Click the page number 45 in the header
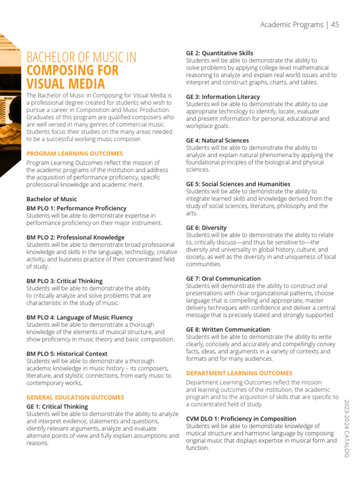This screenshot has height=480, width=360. [335, 25]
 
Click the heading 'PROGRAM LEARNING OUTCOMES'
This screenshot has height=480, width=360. [75, 153]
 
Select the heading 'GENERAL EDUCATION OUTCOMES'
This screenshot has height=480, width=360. [75, 397]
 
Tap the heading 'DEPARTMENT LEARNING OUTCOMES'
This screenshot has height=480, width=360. [239, 373]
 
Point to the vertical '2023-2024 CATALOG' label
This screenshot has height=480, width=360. [347, 428]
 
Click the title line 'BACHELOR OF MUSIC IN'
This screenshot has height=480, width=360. [82, 58]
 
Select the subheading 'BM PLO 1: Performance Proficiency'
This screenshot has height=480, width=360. [76, 208]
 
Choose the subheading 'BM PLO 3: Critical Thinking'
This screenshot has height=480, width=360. [64, 281]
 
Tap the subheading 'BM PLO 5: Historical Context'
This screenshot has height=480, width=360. [67, 353]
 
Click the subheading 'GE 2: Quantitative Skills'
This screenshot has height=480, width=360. [219, 53]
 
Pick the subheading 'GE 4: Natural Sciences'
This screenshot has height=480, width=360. [217, 140]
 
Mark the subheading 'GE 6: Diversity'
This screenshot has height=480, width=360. [206, 227]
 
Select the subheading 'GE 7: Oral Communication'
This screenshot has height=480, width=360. [223, 278]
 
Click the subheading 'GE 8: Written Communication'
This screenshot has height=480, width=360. [228, 330]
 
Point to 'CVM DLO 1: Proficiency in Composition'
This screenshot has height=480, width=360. [241, 419]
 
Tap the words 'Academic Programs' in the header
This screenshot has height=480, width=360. [292, 25]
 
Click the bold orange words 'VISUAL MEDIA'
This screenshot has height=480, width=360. [66, 84]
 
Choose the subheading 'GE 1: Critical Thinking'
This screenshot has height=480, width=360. [57, 406]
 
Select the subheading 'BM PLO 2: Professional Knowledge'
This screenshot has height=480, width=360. [75, 237]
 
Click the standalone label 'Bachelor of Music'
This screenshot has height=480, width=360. [52, 199]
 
